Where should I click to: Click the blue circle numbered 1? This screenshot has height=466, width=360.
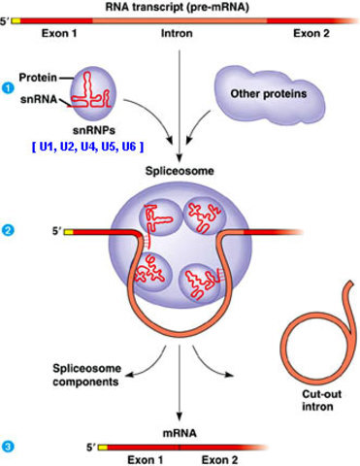click(x=9, y=87)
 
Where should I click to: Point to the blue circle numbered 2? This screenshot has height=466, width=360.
click(x=9, y=230)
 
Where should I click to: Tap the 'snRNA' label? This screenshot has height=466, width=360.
click(x=37, y=97)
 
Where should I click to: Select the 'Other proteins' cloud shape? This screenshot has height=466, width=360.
click(x=269, y=92)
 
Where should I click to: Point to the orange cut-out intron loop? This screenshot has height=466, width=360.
click(x=312, y=340)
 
